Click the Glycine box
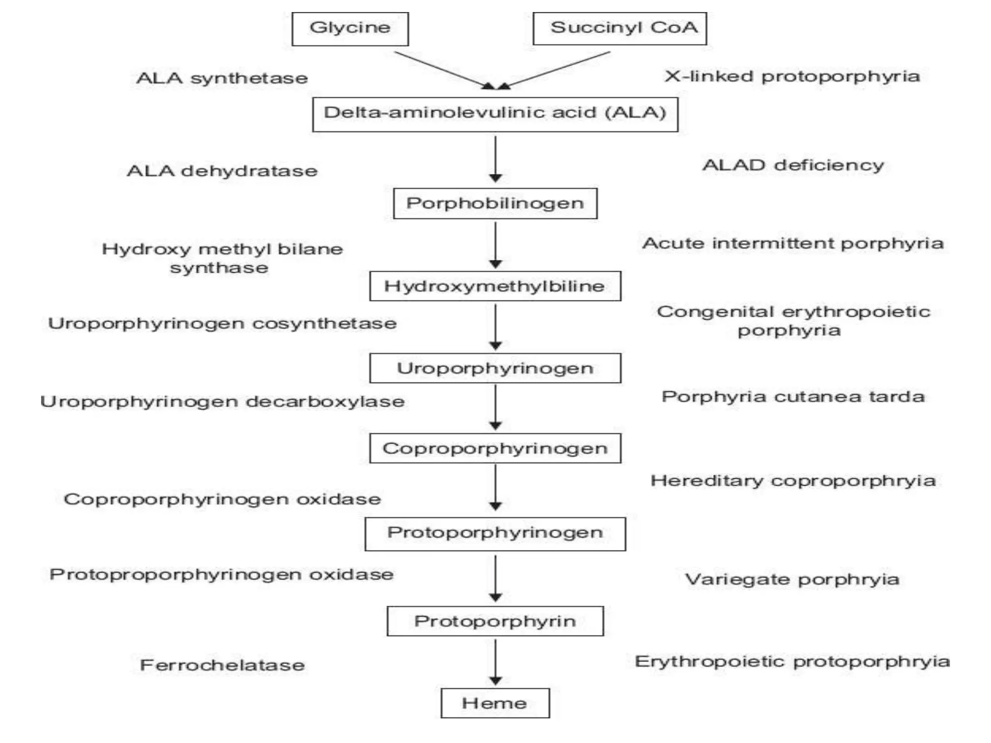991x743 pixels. [350, 29]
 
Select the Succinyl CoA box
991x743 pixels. [619, 29]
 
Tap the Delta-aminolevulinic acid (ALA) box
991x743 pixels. [495, 114]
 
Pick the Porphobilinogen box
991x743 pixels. [495, 204]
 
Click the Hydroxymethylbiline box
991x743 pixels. [495, 286]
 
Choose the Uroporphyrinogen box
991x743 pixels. [495, 368]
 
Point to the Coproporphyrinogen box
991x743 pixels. [495, 448]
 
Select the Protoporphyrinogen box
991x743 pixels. [495, 534]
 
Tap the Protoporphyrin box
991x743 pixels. [495, 621]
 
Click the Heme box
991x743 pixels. [495, 703]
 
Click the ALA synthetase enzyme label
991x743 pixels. [222, 78]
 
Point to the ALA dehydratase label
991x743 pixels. [222, 171]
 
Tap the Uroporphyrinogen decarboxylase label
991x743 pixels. [222, 402]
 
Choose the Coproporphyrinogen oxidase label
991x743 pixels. [222, 499]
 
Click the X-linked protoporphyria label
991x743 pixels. [792, 76]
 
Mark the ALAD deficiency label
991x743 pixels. [793, 165]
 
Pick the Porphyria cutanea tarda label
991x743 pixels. [793, 397]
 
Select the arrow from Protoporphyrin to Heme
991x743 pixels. [495, 661]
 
